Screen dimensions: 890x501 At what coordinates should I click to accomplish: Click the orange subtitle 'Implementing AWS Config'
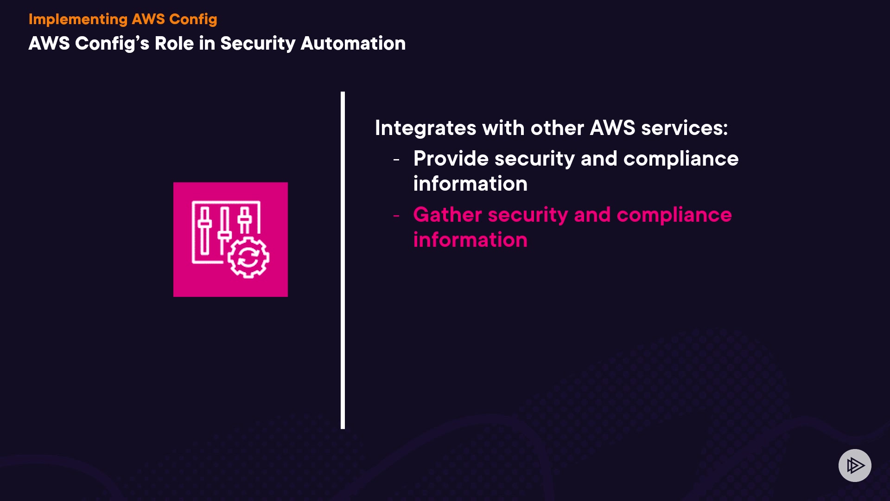pos(123,19)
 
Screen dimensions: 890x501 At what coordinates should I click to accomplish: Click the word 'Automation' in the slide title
pos(353,43)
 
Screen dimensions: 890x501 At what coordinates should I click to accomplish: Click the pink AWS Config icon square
pos(230,239)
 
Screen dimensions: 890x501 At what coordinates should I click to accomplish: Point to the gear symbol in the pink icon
pos(248,257)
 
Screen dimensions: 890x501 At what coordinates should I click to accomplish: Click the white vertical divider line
pos(343,260)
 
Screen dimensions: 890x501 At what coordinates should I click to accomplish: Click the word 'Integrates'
pos(426,128)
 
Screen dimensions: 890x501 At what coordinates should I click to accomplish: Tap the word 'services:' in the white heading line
pos(684,128)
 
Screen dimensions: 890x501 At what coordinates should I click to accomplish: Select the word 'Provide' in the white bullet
pos(451,159)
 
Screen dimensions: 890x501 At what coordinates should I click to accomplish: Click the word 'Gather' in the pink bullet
pos(448,215)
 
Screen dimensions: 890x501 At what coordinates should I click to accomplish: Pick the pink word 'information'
pos(470,240)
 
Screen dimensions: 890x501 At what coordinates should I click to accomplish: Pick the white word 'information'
pos(470,184)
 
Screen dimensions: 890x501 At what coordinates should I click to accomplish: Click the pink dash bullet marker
pos(396,216)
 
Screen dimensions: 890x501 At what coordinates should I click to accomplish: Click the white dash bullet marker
pos(396,160)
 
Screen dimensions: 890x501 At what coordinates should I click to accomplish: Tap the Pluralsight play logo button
pos(855,465)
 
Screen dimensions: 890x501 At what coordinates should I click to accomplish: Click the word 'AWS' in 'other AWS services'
pos(612,128)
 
